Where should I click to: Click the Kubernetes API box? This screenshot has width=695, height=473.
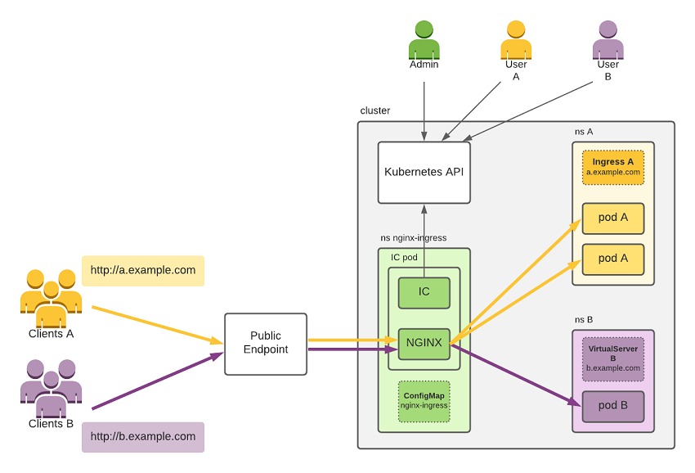pos(424,173)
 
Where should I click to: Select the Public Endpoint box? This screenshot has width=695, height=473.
pos(265,344)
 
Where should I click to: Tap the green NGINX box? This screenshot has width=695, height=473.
pos(424,343)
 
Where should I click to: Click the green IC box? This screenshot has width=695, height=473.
pos(424,293)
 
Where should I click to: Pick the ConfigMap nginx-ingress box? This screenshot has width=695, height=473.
pos(424,401)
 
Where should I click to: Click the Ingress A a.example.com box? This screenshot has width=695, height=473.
pos(612,167)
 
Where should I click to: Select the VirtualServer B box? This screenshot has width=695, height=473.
pos(612,358)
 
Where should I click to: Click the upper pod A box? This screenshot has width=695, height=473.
pos(612,218)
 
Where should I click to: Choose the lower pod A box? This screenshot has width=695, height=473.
pos(612,259)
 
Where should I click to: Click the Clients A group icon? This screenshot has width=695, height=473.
pos(51,299)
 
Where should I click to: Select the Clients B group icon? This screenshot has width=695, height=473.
pos(51,389)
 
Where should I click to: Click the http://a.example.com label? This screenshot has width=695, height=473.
pos(142,271)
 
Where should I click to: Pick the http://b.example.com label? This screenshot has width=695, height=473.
pos(142,437)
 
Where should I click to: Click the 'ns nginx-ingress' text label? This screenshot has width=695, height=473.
pos(413,238)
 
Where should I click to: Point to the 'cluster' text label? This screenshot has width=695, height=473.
pos(374,110)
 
